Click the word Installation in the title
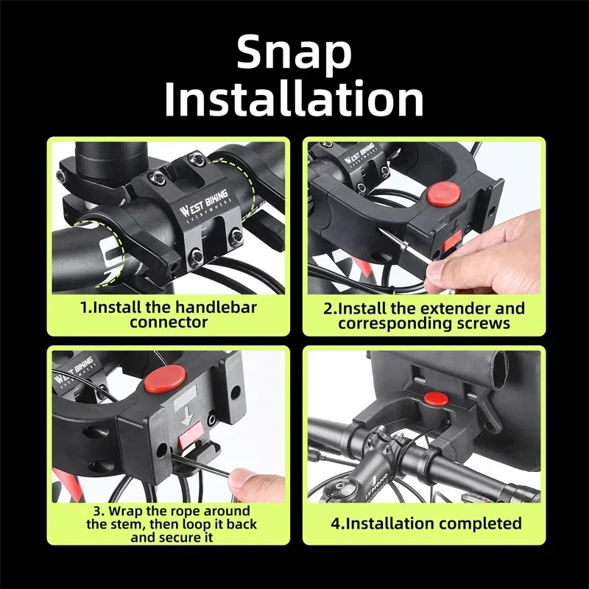pyautogui.click(x=294, y=100)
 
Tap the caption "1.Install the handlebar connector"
pyautogui.click(x=169, y=314)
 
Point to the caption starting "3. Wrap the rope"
pyautogui.click(x=169, y=524)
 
